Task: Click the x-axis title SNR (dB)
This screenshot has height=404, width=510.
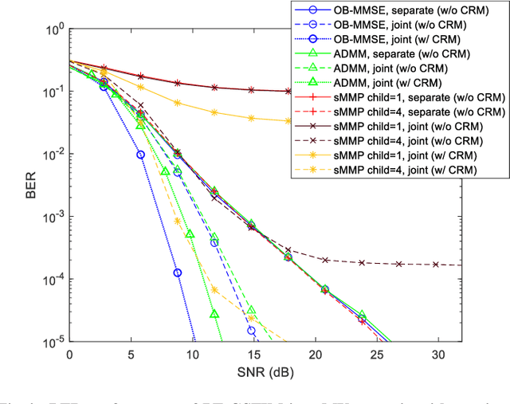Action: (x=265, y=375)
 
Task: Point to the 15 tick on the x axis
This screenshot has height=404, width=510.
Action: (x=253, y=354)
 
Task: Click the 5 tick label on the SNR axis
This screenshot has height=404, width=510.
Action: (x=131, y=354)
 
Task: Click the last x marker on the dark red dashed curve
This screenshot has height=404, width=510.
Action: (x=436, y=264)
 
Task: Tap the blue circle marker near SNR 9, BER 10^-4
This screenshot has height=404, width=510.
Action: (x=178, y=273)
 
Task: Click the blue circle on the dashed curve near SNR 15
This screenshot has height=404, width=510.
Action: (x=252, y=330)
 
